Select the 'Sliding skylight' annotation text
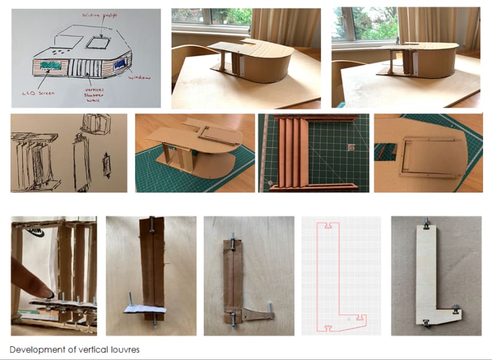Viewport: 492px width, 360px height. click(x=100, y=12)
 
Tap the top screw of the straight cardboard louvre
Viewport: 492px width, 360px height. click(x=152, y=223)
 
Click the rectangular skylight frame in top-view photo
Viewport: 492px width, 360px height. click(x=428, y=157)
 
